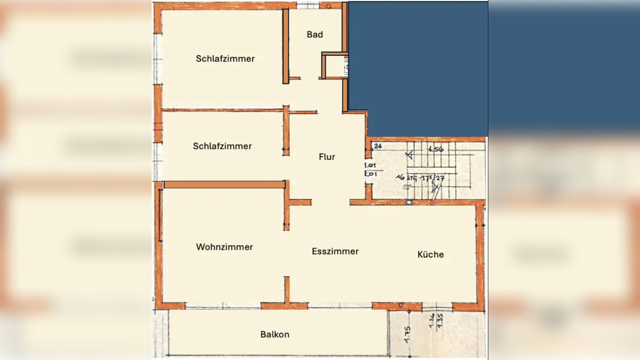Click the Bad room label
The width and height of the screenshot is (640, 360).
(315, 35)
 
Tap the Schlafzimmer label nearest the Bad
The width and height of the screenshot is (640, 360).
(225, 59)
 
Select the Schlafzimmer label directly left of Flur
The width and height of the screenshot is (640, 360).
(222, 146)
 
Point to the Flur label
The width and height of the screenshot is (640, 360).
(327, 157)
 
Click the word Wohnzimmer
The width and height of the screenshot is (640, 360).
(224, 247)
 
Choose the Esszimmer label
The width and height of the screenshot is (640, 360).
(335, 251)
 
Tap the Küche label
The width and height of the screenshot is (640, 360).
(430, 255)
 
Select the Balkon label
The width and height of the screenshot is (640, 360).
(275, 334)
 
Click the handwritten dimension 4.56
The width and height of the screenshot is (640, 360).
(436, 149)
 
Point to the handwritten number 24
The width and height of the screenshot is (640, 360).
(378, 146)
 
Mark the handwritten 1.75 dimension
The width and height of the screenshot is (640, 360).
(407, 334)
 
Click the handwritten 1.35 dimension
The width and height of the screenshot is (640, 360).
(440, 321)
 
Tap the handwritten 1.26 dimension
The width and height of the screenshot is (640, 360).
(432, 321)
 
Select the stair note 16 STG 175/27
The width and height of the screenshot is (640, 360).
(420, 178)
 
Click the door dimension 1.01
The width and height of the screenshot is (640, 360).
(370, 165)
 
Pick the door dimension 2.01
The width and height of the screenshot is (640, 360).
(371, 174)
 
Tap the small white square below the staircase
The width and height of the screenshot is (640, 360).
(409, 202)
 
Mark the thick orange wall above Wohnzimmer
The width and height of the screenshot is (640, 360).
(224, 185)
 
